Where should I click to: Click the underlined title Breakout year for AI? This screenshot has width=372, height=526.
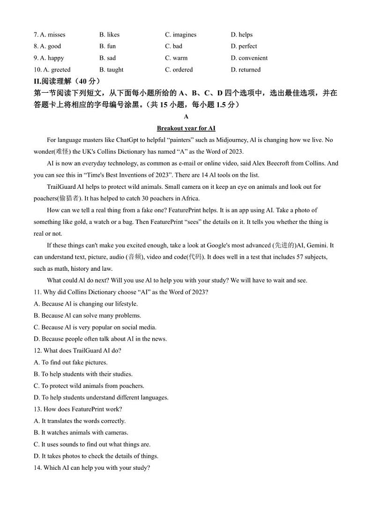point(186,128)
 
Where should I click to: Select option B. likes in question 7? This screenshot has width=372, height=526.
point(109,35)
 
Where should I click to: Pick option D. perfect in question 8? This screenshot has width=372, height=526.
point(244,46)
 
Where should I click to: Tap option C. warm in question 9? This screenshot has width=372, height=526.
point(176,58)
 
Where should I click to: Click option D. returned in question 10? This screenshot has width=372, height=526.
point(246,70)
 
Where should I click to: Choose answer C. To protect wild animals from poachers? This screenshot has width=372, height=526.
point(89,386)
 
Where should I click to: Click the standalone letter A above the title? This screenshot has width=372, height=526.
point(186,117)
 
